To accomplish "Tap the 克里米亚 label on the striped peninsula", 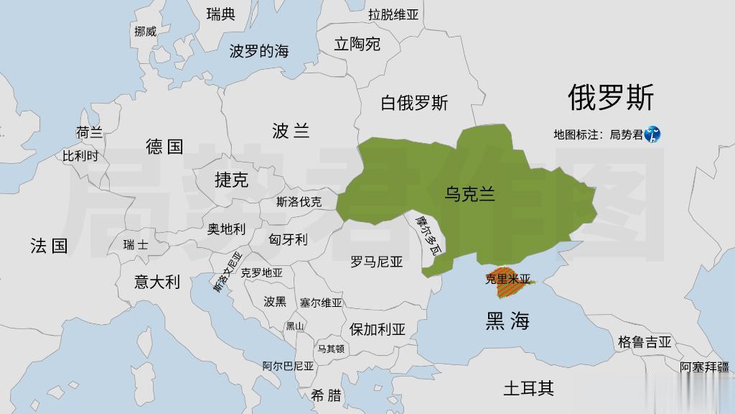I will [x=507, y=279].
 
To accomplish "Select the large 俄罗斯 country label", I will [x=611, y=97].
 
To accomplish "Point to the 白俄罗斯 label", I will [x=414, y=103].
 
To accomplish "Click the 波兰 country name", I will [x=291, y=131].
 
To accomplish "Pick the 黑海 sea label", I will [x=507, y=321].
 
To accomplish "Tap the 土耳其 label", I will [x=528, y=389].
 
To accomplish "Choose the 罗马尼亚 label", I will [x=377, y=262].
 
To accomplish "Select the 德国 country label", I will [x=165, y=147].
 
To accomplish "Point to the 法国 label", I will [x=49, y=247].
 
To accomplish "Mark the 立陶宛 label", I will [x=357, y=45].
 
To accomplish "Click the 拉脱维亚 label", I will [x=393, y=14].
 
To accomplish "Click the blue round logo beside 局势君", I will [x=652, y=134].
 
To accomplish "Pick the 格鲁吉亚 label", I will [x=644, y=342].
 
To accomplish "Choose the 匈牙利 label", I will [x=288, y=239].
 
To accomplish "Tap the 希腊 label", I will [x=327, y=395].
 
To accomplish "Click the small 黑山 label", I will [x=295, y=326].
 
